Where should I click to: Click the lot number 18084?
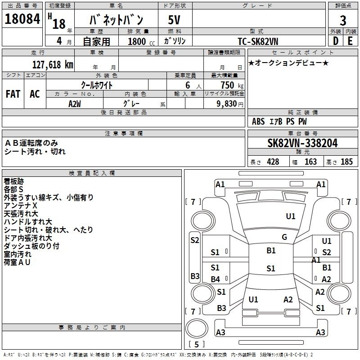click(x=22, y=19)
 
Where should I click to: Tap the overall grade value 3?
click(x=343, y=21)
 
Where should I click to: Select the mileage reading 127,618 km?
click(x=53, y=65)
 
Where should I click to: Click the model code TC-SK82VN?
click(x=258, y=41)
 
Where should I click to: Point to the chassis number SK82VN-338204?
click(x=302, y=143)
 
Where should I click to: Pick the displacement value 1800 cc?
click(x=141, y=41)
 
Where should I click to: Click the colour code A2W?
click(x=75, y=104)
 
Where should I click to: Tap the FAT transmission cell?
click(x=13, y=94)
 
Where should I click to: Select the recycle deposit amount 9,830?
click(x=227, y=104)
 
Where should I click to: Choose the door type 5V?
click(x=174, y=20)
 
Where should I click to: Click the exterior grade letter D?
click(x=336, y=41)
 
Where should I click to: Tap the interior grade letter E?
click(x=350, y=41)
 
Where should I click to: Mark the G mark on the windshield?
click(x=284, y=237)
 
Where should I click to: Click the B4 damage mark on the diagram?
click(x=216, y=279)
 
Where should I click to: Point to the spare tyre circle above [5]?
click(x=197, y=328)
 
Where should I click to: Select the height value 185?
click(x=346, y=162)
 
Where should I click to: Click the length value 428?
click(x=273, y=162)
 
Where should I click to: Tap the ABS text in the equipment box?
click(x=258, y=121)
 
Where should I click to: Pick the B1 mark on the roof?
click(x=271, y=251)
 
